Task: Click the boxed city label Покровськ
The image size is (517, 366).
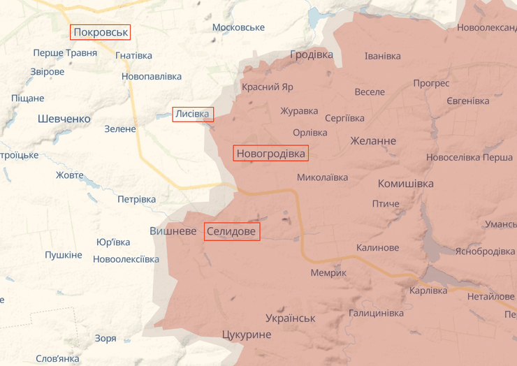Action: click(101, 32)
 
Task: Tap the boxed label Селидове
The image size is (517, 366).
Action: click(232, 231)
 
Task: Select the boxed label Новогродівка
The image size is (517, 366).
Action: click(270, 153)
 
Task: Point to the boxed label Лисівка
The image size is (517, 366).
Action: click(193, 114)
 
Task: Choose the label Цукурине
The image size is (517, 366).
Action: click(245, 335)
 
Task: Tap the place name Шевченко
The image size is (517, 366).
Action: click(64, 119)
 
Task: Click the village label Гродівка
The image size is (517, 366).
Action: click(312, 54)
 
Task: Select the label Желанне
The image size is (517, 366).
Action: click(373, 141)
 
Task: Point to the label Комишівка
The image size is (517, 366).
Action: click(405, 184)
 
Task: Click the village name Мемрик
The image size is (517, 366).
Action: click(328, 272)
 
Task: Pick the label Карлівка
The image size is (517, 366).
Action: click(428, 291)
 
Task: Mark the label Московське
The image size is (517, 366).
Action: click(238, 27)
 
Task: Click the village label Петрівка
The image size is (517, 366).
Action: click(136, 199)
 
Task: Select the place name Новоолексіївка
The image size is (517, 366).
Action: click(126, 259)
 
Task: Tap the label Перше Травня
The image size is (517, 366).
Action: click(65, 53)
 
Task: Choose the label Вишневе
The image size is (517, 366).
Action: click(173, 230)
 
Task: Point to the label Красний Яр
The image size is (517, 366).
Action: click(268, 87)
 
